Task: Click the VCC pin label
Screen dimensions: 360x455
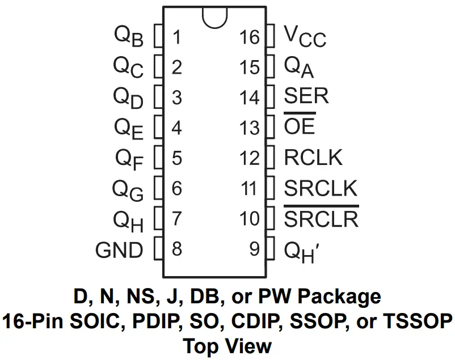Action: tap(305, 38)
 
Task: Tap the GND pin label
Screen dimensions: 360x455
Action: tap(119, 249)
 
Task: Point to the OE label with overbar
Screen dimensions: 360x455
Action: tap(300, 126)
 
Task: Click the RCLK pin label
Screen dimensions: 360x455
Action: tap(313, 157)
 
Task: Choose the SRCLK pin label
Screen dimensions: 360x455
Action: tap(321, 188)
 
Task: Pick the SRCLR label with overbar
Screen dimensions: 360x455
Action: tap(321, 218)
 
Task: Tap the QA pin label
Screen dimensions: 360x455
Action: tap(299, 68)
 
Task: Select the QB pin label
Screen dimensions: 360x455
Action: tap(129, 37)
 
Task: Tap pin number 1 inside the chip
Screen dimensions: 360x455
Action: tap(177, 37)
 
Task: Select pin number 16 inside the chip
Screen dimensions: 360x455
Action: tap(249, 37)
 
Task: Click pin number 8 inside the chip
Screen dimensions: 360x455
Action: tap(177, 249)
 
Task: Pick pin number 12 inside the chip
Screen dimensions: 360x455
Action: tap(249, 158)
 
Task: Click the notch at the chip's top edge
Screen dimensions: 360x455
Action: tap(214, 17)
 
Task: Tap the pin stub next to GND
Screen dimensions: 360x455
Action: tap(159, 249)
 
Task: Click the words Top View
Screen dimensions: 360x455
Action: tap(227, 345)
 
